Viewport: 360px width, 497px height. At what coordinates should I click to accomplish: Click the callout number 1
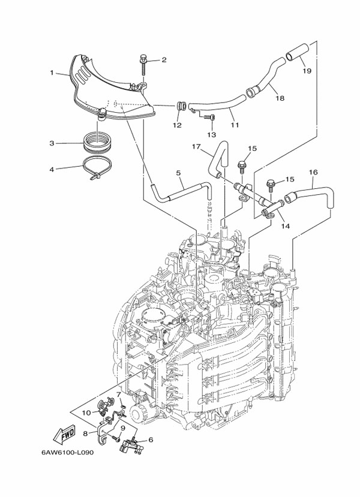click(52, 73)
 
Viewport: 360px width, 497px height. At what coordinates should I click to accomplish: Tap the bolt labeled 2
click(145, 60)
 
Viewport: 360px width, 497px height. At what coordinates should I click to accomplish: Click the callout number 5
click(179, 174)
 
